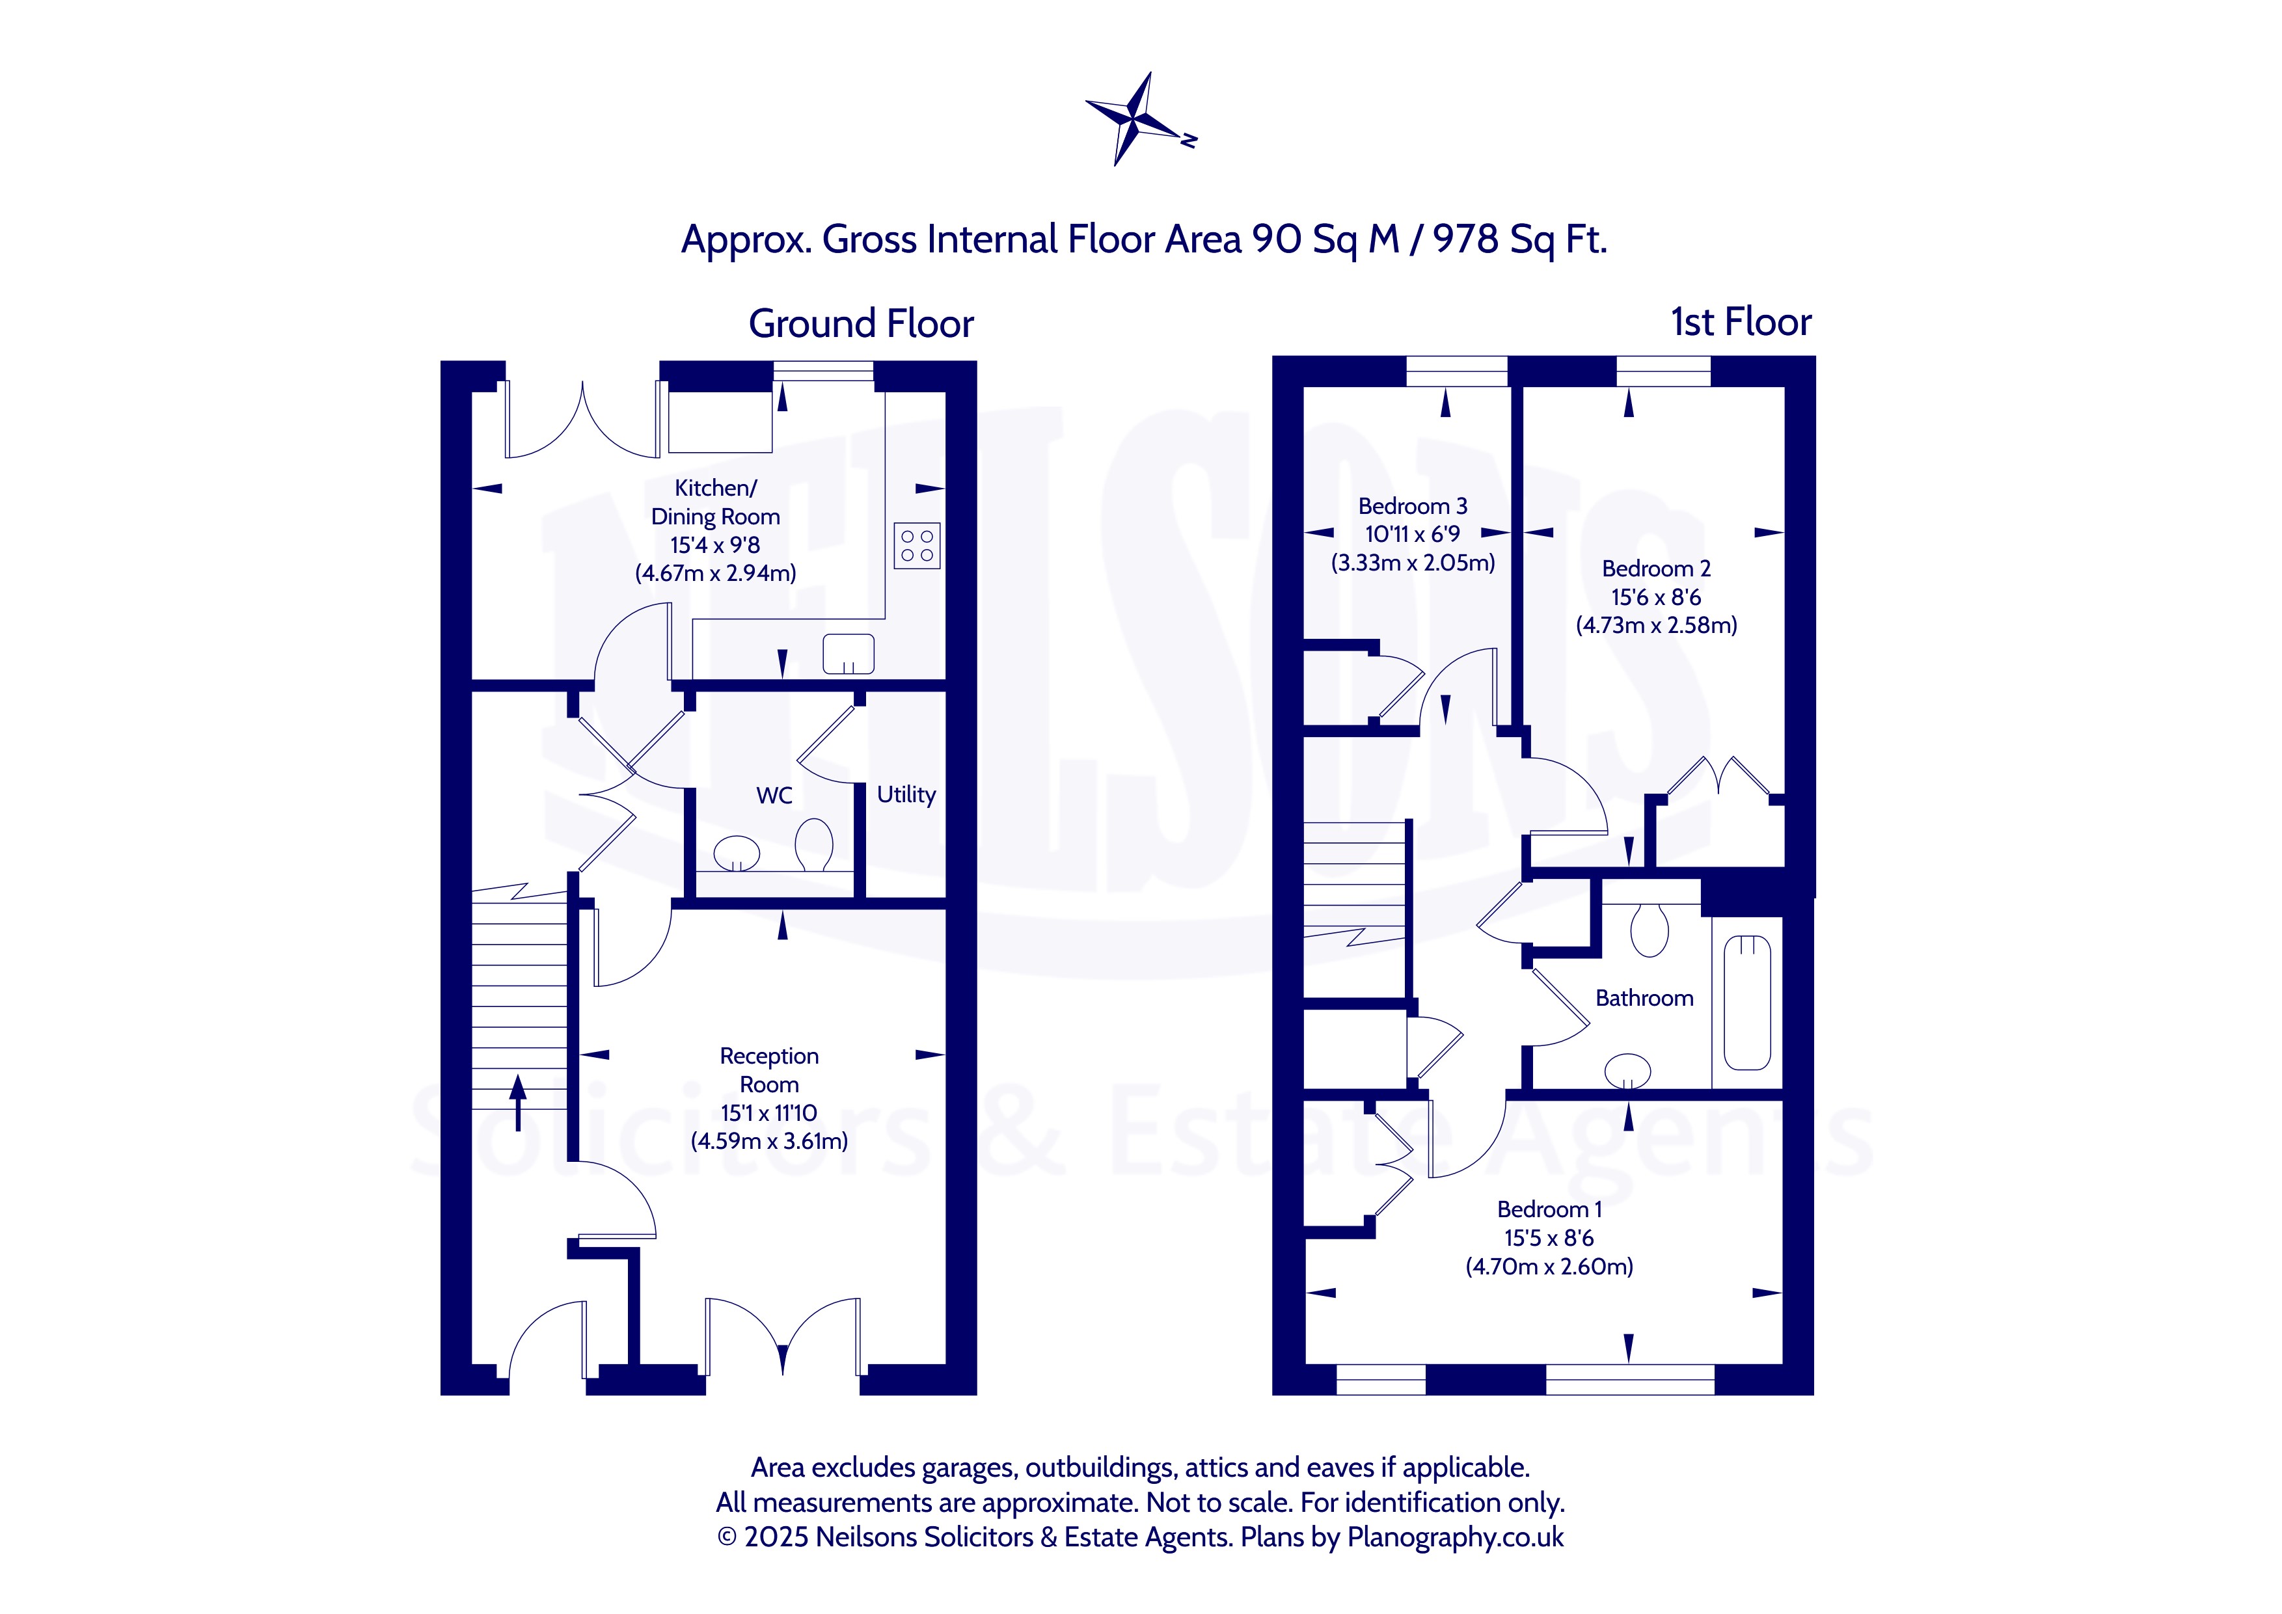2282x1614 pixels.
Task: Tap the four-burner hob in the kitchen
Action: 916,546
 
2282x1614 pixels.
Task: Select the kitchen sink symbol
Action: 848,654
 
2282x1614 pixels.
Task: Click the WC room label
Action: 774,795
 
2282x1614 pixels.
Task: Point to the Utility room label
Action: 905,794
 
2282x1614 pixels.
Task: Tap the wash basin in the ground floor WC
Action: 737,854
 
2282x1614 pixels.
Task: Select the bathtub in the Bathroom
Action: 1746,1002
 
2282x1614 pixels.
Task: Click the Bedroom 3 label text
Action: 1412,506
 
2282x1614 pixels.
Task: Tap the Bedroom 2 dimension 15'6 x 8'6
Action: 1656,597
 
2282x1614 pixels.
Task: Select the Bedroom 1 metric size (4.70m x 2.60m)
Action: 1549,1266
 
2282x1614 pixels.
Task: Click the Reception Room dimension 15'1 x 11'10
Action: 769,1113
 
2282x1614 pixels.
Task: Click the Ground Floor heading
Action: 861,324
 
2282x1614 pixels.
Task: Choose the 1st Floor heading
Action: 1741,322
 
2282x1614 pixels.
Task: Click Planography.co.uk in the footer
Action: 1455,1537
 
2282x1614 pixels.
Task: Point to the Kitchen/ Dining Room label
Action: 716,502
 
